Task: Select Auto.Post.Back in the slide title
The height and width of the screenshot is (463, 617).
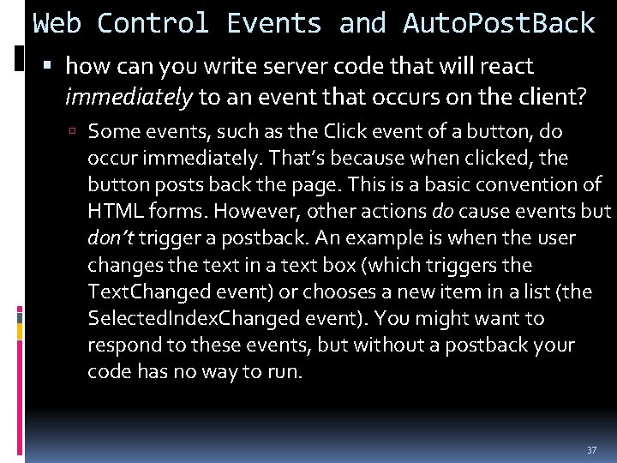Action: click(499, 23)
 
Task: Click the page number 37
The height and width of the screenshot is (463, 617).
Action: click(591, 450)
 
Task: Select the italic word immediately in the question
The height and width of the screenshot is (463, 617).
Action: click(129, 98)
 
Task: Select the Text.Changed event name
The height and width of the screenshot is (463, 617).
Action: click(142, 292)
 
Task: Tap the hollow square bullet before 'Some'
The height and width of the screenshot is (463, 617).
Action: click(76, 132)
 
